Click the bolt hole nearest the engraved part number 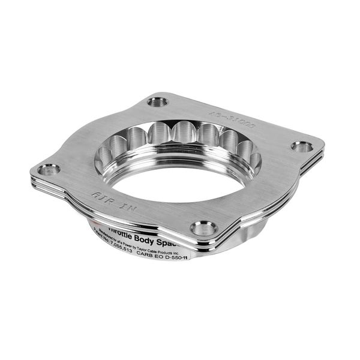click(158, 102)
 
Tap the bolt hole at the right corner click(301, 146)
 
